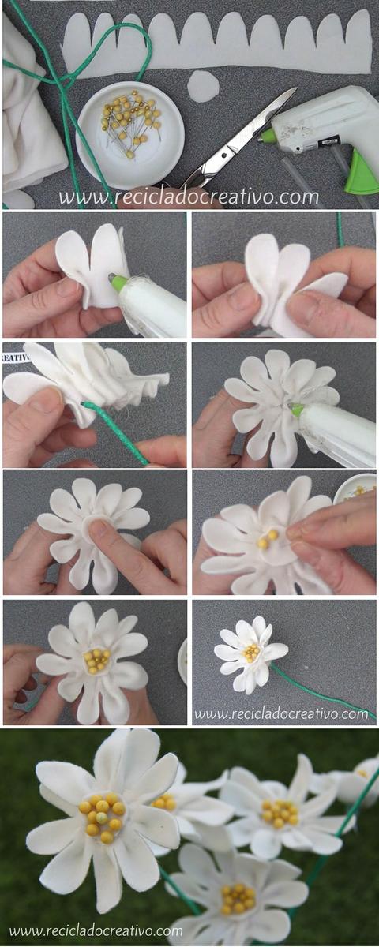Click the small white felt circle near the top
203,86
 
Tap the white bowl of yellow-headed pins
130,135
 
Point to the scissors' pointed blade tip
295,88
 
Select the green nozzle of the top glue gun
266,136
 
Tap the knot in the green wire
63,80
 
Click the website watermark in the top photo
189,197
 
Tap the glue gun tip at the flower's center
296,410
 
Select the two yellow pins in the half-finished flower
268,540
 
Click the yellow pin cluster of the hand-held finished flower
97,660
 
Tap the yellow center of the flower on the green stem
251,653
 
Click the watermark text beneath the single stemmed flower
281,714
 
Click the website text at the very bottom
96,930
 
